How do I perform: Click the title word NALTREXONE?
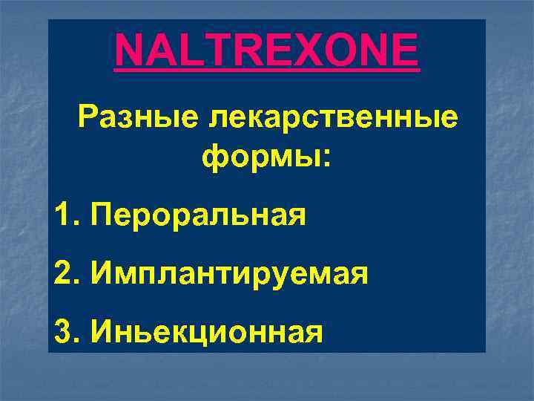tap(267, 50)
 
